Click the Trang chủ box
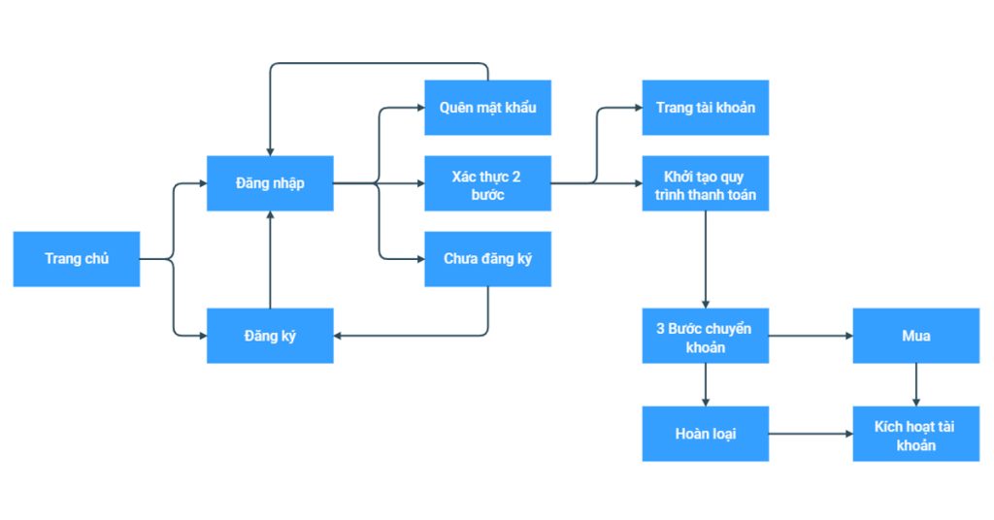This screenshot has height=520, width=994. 76,259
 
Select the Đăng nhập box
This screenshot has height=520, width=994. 270,183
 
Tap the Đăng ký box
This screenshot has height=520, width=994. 270,336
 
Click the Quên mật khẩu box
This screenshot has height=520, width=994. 487,108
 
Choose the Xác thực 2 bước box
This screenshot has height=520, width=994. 487,183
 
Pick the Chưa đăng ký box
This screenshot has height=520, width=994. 487,259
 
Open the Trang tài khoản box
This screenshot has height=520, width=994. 705,108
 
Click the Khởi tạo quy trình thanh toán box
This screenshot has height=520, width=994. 705,183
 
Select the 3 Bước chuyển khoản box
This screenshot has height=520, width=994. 705,336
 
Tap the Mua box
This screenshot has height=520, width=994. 915,336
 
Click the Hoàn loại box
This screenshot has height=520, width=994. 705,434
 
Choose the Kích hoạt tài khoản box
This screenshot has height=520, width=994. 915,434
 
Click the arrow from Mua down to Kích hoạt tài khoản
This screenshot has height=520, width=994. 915,384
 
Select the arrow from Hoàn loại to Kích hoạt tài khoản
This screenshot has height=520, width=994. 810,434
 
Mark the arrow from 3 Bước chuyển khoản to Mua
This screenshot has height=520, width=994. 810,336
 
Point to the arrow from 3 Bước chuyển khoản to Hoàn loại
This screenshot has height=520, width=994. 705,384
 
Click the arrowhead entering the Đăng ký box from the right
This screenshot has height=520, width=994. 340,336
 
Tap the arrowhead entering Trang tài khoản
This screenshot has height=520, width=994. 636,108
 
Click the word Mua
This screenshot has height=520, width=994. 915,336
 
